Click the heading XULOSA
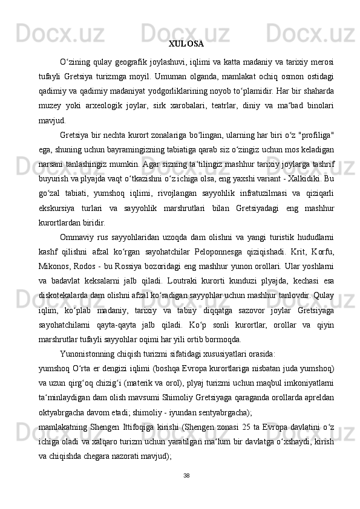click(186, 44)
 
